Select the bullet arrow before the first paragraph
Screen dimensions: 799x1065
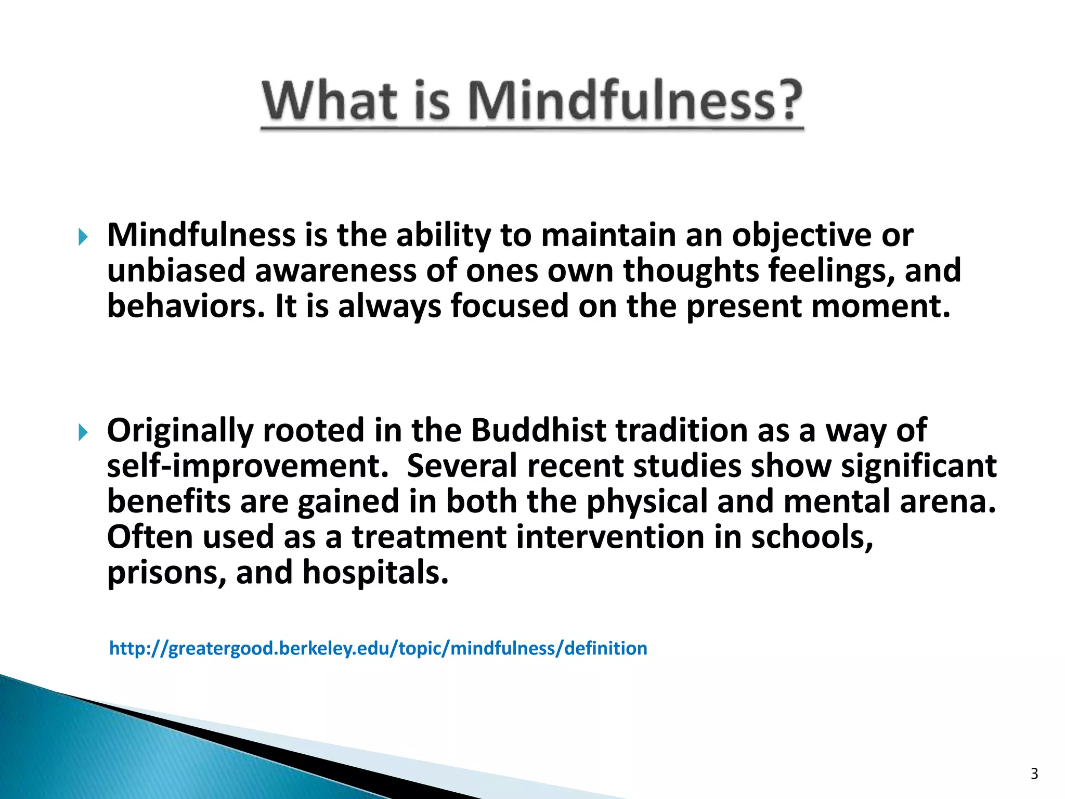click(x=83, y=238)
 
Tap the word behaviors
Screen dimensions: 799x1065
click(x=182, y=306)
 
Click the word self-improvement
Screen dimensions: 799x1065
click(x=248, y=466)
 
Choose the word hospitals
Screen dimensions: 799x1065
click(x=375, y=572)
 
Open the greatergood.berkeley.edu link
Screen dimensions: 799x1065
click(x=378, y=649)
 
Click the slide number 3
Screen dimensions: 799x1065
click(x=1034, y=774)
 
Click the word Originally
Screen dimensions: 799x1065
click(x=180, y=430)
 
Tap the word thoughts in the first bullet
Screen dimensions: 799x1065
click(x=691, y=270)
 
